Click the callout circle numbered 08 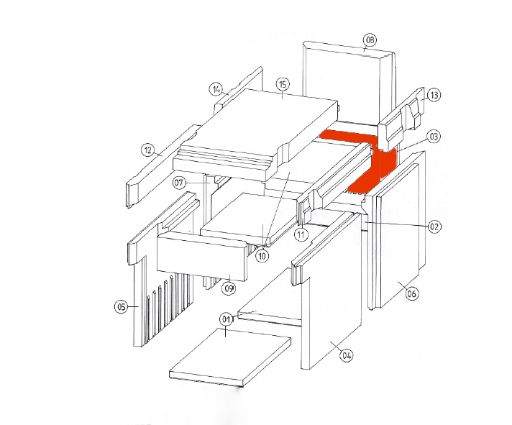[370, 40]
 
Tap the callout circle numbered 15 [283, 85]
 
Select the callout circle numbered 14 [216, 89]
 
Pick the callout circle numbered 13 [434, 96]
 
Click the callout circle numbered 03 [434, 137]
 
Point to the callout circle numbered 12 [148, 150]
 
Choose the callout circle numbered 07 [179, 183]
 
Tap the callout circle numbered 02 [434, 227]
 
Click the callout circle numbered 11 [301, 234]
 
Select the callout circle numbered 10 [262, 256]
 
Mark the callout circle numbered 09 [229, 288]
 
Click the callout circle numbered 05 [121, 307]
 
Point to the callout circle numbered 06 [412, 294]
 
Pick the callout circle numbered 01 [227, 319]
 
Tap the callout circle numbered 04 [347, 355]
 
